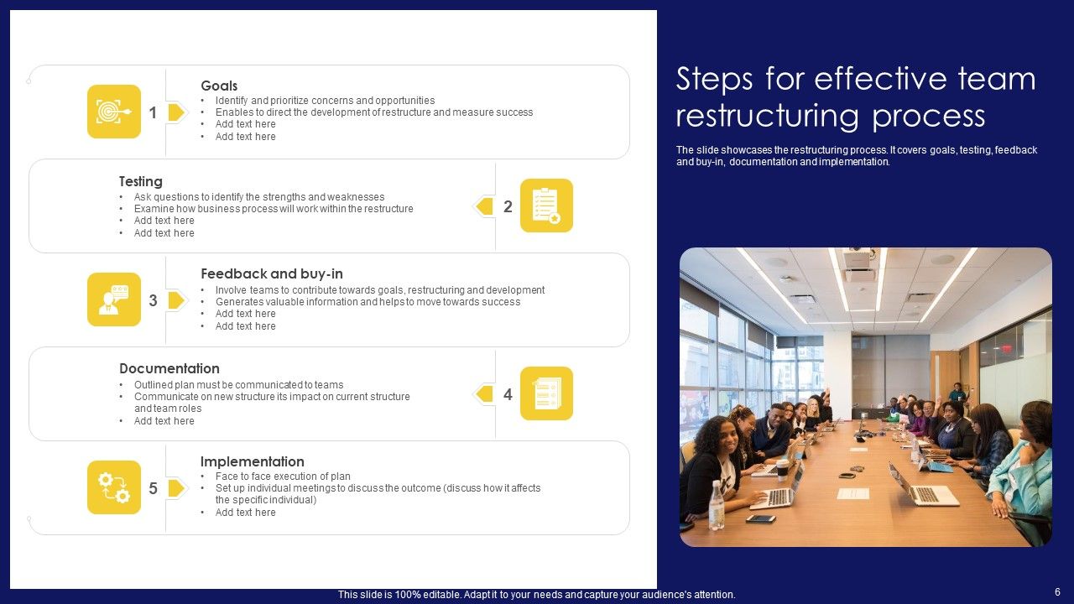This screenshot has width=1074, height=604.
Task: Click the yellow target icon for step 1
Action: tap(114, 112)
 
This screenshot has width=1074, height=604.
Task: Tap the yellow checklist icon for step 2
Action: tap(546, 206)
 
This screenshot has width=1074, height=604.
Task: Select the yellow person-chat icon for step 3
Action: tap(114, 299)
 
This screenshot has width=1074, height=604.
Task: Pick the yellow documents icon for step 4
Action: tap(546, 393)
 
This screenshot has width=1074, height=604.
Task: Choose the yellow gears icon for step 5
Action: tap(114, 487)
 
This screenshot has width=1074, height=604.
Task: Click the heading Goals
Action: tap(219, 86)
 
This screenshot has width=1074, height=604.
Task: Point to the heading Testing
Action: tap(141, 181)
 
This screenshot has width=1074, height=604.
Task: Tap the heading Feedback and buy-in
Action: tap(272, 273)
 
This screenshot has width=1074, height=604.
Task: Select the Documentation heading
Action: tap(169, 368)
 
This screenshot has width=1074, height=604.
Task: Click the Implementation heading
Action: tap(252, 461)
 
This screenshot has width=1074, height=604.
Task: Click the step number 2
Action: tap(508, 206)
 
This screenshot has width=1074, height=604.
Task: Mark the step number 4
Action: tap(508, 394)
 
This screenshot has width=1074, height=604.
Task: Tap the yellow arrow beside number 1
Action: tap(176, 112)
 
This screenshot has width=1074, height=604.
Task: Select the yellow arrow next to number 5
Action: tap(176, 488)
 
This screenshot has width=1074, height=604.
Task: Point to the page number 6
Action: tap(1057, 592)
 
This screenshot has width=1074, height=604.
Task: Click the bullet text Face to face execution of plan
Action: tap(283, 476)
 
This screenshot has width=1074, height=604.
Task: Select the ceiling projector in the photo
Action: tap(857, 259)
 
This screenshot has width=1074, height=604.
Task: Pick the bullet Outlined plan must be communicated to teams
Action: tap(238, 385)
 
